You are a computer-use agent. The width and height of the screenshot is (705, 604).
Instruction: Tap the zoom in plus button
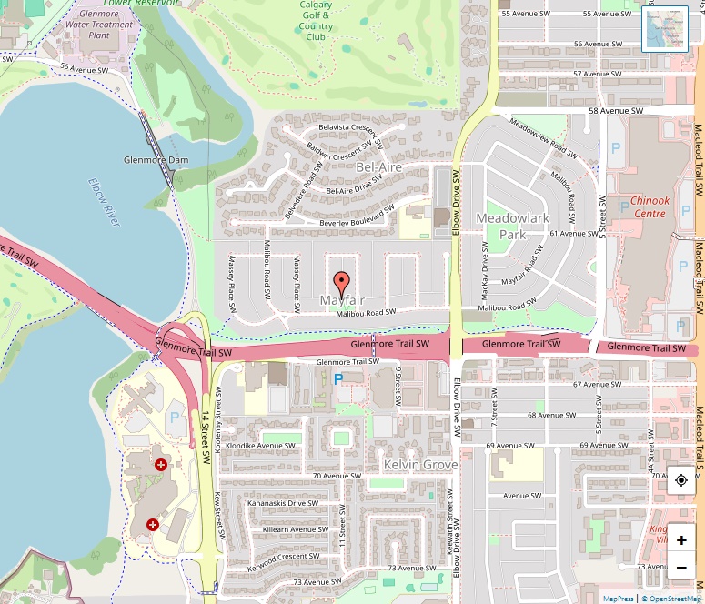[680, 539]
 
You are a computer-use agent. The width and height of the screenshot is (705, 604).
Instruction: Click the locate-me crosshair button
[680, 479]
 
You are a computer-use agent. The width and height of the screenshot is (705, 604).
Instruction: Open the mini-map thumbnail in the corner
[665, 30]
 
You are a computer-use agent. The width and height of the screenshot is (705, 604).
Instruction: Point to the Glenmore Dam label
[156, 160]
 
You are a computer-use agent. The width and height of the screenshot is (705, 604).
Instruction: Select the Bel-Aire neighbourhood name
[378, 167]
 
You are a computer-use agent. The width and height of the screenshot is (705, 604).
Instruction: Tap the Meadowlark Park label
[500, 226]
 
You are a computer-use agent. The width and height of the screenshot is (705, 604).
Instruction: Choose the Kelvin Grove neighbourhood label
[420, 464]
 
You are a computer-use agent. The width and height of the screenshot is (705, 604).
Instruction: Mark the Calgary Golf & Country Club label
[317, 21]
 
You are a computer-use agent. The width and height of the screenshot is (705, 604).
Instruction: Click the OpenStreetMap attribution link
[672, 598]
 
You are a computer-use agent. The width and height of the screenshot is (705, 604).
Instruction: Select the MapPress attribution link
[618, 598]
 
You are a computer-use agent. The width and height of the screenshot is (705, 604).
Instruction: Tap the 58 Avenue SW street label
[616, 111]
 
